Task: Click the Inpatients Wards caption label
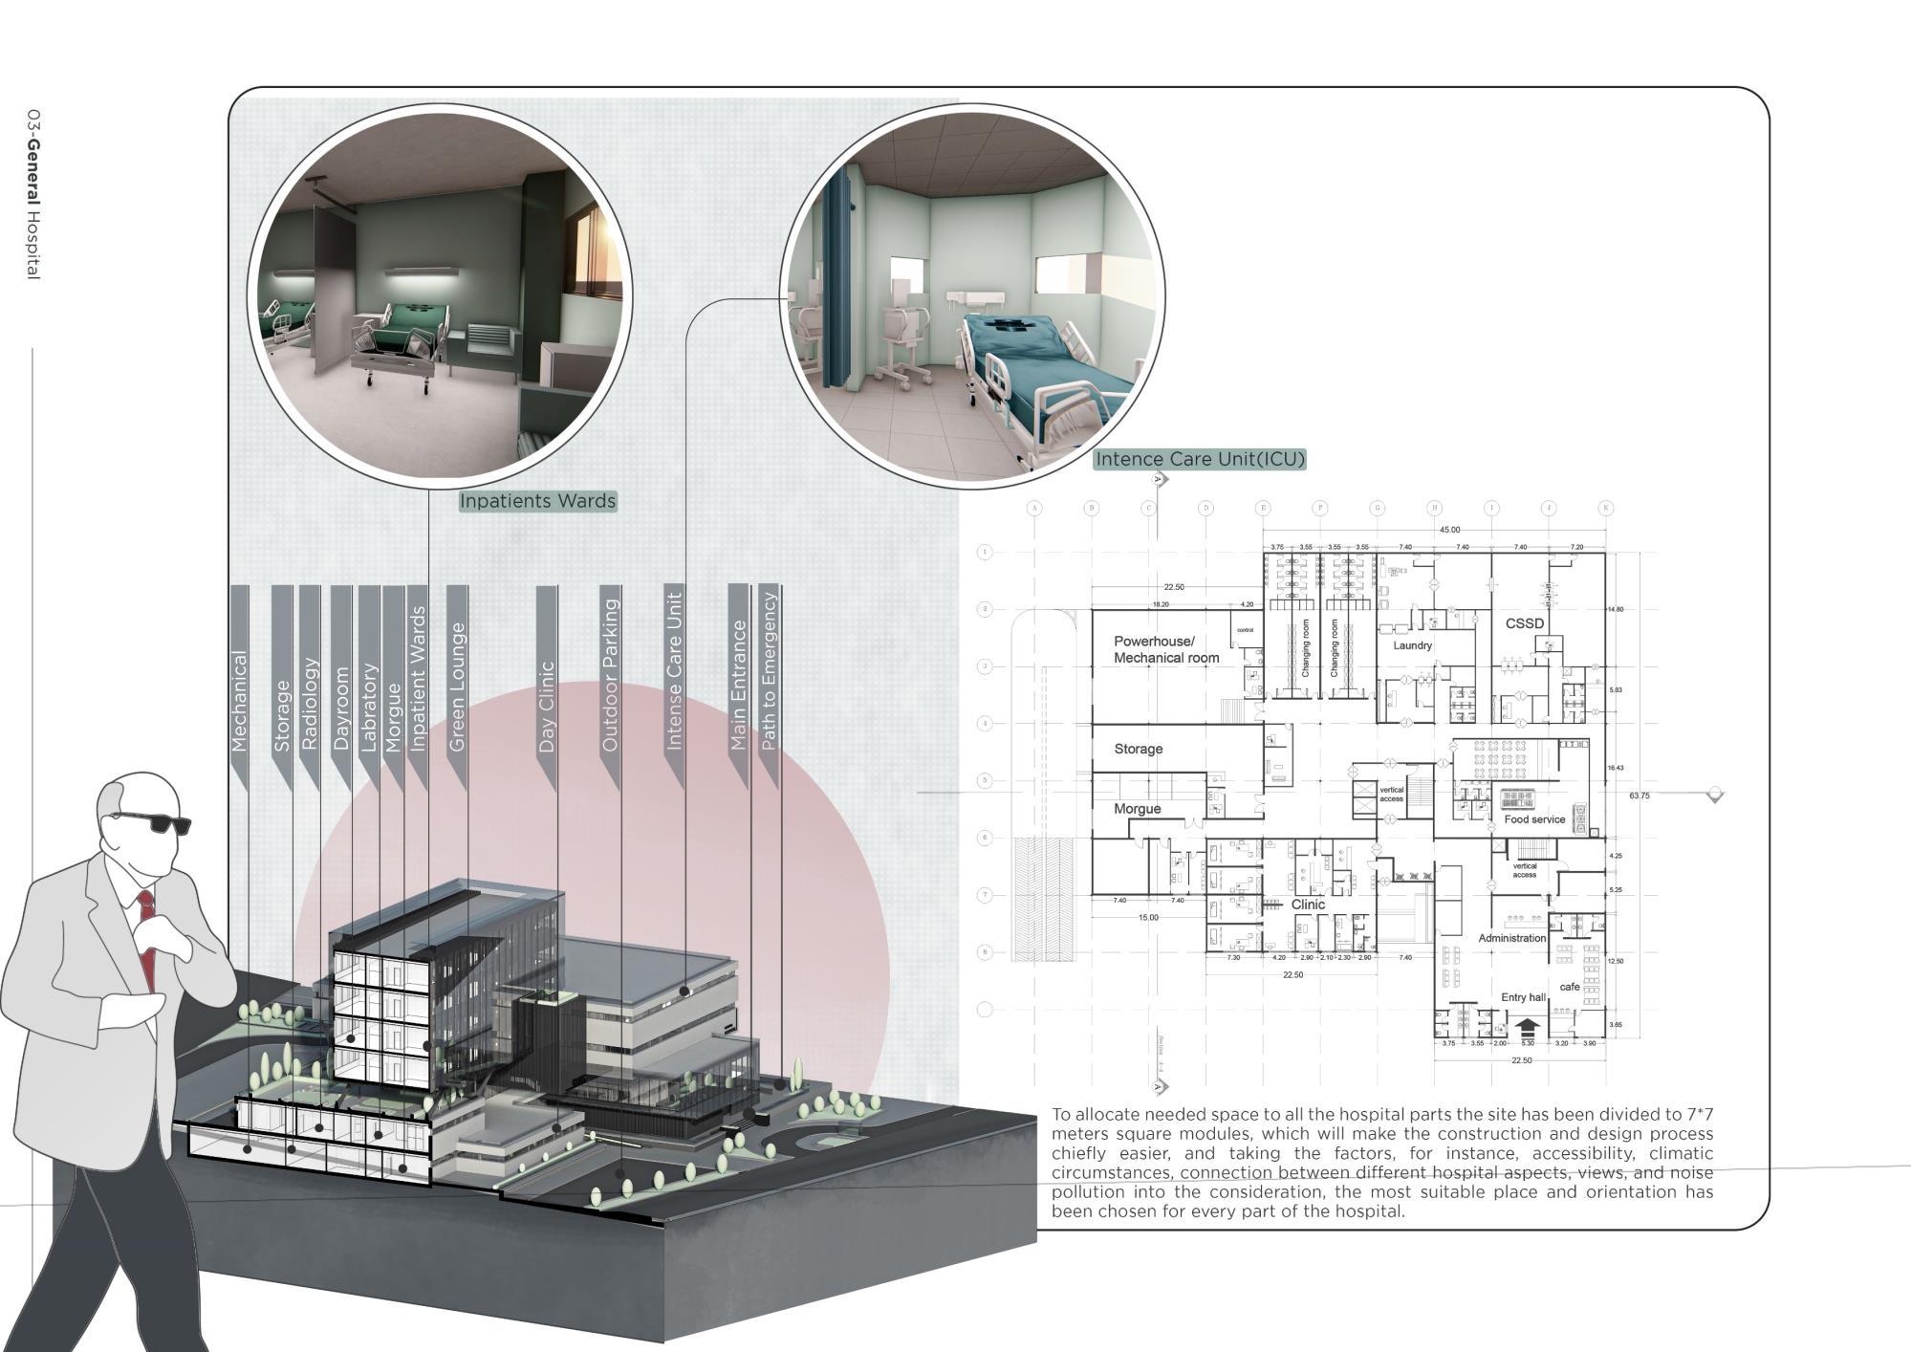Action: click(537, 501)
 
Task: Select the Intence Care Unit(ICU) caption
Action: click(1199, 459)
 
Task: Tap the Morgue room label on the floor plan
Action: click(1137, 809)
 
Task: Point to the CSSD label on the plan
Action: click(1524, 623)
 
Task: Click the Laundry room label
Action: click(1412, 645)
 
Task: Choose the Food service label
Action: click(1534, 819)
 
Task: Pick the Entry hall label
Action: click(1522, 997)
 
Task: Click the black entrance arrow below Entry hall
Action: click(1527, 1028)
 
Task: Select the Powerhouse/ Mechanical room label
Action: click(1165, 649)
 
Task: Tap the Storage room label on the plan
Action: click(1138, 749)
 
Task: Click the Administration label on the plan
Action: click(1511, 938)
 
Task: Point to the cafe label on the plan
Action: click(1569, 987)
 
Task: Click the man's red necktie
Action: click(145, 932)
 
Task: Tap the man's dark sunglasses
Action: click(152, 821)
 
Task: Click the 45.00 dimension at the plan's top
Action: click(1449, 530)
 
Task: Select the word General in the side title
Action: click(33, 175)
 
